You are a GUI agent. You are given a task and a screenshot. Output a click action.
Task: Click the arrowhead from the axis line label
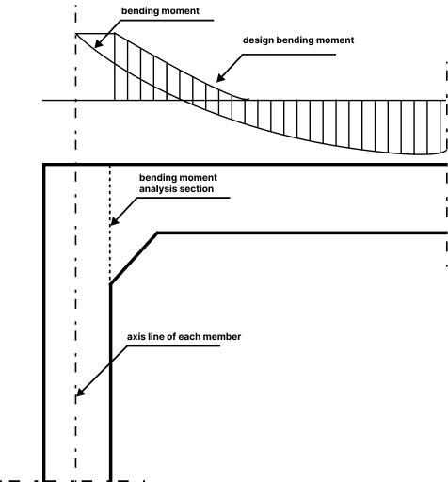click(x=79, y=394)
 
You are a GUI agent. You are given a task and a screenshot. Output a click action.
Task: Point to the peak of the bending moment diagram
click(x=75, y=35)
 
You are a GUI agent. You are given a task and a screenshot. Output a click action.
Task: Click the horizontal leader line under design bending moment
click(x=286, y=54)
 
